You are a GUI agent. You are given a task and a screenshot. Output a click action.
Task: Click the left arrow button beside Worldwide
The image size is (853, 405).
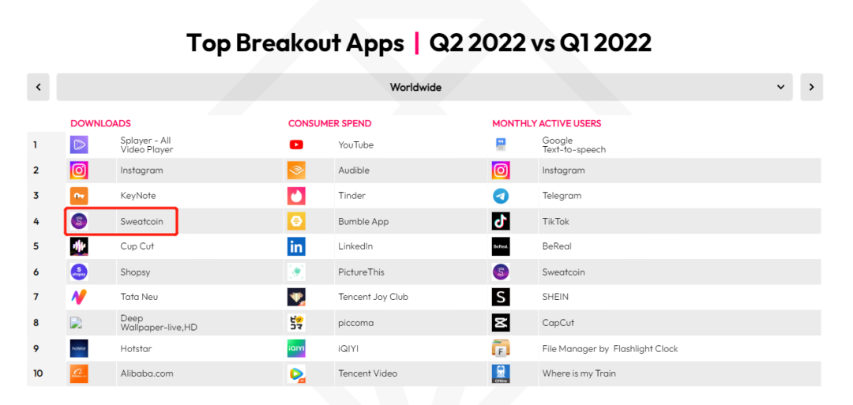pos(38,87)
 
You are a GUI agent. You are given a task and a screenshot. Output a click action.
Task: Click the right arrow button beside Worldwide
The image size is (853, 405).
pos(811,87)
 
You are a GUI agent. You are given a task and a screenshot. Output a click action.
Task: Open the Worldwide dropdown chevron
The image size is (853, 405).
pos(780,87)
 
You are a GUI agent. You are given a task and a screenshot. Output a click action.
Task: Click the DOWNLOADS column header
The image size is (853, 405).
pos(100,123)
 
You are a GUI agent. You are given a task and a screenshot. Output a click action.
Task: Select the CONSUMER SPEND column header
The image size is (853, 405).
pos(329,123)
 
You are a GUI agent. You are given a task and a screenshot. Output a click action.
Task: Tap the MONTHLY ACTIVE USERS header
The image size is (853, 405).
pos(547,123)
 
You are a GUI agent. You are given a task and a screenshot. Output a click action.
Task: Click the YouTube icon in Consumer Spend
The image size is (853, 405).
pos(296,144)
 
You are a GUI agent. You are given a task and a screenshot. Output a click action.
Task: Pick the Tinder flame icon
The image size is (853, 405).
pos(296,196)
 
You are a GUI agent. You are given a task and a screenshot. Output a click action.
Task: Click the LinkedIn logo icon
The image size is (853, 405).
pos(296,246)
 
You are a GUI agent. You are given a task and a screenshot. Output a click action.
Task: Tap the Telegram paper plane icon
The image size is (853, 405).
pos(501,196)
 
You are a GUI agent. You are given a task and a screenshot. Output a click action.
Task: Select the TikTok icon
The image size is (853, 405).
pos(501,221)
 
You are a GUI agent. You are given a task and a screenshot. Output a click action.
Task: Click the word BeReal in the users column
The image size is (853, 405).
pos(557,246)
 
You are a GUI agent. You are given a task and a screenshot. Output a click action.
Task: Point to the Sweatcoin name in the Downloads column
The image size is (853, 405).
pos(141,221)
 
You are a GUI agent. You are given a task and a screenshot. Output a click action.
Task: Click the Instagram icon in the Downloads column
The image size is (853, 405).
pos(79,171)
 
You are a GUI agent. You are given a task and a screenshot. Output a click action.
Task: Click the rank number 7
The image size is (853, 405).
pos(36,297)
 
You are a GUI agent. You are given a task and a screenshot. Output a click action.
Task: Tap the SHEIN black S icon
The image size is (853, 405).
pos(501,297)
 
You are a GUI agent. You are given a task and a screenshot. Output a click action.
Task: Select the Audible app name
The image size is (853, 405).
pos(354,171)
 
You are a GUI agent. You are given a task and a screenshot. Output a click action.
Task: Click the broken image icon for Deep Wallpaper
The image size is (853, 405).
pos(76,322)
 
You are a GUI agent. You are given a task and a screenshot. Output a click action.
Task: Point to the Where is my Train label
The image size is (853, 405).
pos(579,373)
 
